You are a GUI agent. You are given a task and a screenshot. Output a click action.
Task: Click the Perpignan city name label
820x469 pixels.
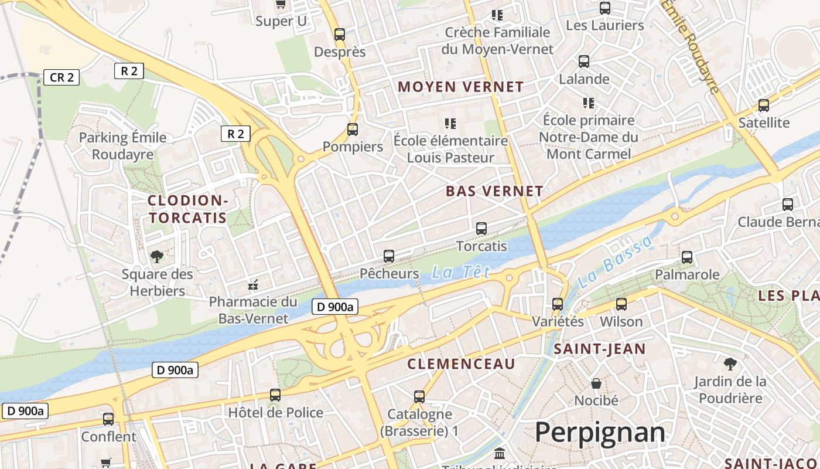click(x=600, y=433)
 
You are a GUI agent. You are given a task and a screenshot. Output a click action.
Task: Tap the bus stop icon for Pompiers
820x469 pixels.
click(x=353, y=130)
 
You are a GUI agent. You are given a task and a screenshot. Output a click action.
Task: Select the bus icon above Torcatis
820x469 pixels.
click(x=481, y=229)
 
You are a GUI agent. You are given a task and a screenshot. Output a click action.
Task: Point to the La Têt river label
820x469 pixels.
click(x=460, y=272)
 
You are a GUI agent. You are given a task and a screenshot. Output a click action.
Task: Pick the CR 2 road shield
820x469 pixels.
click(x=61, y=77)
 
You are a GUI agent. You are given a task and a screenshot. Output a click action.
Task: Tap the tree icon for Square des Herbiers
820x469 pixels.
click(x=156, y=256)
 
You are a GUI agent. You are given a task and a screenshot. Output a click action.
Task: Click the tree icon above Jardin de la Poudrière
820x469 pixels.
click(x=730, y=364)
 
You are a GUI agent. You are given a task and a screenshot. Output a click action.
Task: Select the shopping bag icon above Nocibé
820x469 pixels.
click(x=596, y=383)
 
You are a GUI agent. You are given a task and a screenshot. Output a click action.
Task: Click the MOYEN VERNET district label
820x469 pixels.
click(x=460, y=87)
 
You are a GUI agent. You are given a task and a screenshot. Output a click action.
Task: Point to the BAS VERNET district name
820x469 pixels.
click(x=494, y=191)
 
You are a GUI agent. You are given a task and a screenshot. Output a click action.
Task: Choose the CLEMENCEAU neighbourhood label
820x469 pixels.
click(x=461, y=364)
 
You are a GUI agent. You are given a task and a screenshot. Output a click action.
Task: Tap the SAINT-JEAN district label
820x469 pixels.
click(x=600, y=349)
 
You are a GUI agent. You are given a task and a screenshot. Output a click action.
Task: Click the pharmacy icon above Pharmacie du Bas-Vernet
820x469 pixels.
click(x=253, y=285)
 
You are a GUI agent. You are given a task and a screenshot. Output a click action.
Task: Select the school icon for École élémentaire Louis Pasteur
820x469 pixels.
click(x=450, y=124)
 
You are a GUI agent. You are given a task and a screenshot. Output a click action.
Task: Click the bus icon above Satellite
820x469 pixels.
click(x=764, y=106)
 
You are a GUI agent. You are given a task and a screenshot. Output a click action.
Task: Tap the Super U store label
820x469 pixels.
click(x=281, y=22)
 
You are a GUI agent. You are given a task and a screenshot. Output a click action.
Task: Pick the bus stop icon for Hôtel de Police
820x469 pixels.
click(x=275, y=395)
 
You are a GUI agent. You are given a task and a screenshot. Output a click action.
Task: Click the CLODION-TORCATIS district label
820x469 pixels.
click(x=187, y=209)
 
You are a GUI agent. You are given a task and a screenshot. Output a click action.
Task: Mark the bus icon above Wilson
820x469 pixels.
click(x=621, y=304)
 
